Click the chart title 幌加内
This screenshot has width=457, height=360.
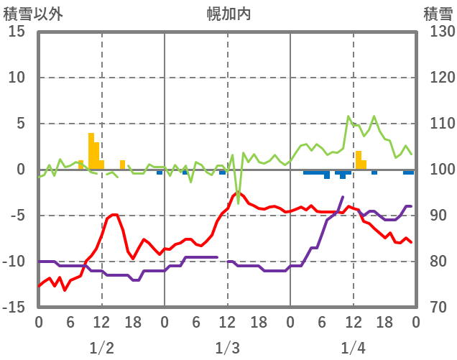(x=228, y=13)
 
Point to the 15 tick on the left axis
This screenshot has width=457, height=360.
(x=17, y=32)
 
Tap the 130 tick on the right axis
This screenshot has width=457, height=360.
(x=438, y=32)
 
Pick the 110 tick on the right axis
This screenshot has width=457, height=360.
(x=438, y=124)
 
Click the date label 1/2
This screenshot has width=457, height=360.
(x=101, y=348)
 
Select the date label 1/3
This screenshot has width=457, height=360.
(x=227, y=348)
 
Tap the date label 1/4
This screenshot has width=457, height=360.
(x=353, y=348)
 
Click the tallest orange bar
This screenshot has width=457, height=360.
(x=91, y=151)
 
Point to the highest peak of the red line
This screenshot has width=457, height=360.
(x=236, y=193)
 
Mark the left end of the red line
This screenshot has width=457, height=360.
(x=39, y=286)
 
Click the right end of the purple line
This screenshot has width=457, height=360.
(x=411, y=206)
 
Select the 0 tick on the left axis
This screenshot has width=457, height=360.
(x=21, y=170)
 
